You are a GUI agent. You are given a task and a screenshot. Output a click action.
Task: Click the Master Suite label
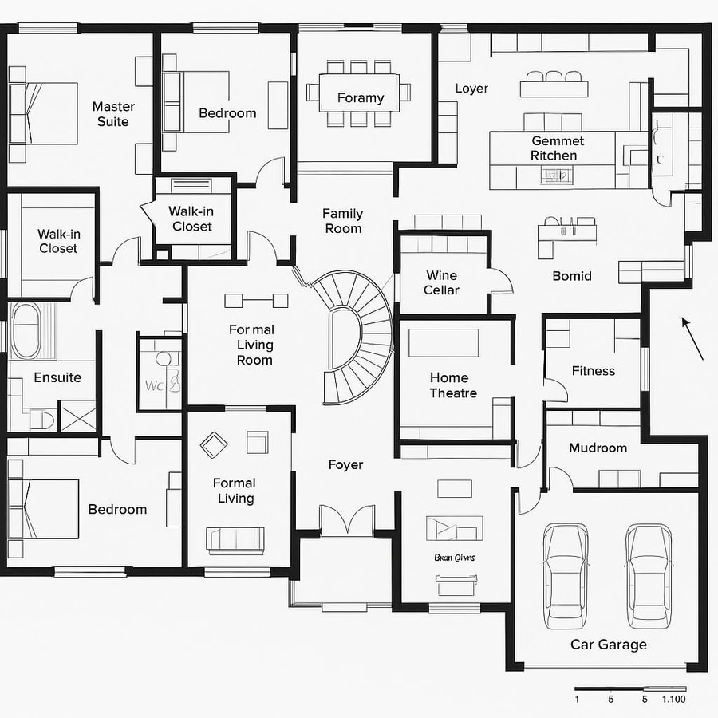pos(113,114)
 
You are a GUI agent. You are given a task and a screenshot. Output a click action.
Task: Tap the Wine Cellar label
pos(441,283)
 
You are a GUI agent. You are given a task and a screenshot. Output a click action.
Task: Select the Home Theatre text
pos(453,385)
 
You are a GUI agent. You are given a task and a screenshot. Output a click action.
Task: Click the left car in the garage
pos(565,574)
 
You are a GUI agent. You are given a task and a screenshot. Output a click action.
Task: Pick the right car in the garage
pos(647,574)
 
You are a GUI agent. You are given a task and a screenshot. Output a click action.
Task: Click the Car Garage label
pos(608,645)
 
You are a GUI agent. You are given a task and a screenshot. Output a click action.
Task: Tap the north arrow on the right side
pos(692,338)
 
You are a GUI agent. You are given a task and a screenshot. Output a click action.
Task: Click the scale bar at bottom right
pos(630,688)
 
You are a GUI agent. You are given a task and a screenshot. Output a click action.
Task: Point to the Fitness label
pos(594,371)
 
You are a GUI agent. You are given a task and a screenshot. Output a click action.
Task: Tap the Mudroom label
pos(598,448)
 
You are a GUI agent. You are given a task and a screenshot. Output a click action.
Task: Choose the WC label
pos(154,385)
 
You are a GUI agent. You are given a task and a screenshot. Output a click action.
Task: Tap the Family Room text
pos(342,221)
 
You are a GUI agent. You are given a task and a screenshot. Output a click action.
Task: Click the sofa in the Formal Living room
pos(235,540)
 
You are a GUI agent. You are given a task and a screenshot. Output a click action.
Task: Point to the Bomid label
pos(572,276)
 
